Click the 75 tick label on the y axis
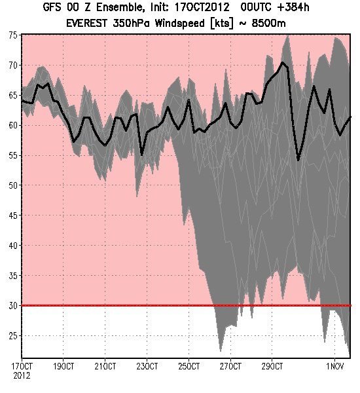(x=13, y=35)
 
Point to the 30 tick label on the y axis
(x=13, y=305)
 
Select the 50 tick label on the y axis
(x=13, y=185)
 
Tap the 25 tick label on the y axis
(x=13, y=335)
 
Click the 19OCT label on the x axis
(x=63, y=366)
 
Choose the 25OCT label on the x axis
(x=189, y=366)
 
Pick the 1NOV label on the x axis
(x=335, y=366)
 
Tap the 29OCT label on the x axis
(x=272, y=366)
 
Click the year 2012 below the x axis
(x=22, y=375)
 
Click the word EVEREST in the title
(x=86, y=24)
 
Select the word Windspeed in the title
(x=179, y=24)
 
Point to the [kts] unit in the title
(x=222, y=24)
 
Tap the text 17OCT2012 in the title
(x=202, y=7)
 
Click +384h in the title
(x=294, y=7)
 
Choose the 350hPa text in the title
(x=132, y=24)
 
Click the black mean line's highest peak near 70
(x=283, y=62)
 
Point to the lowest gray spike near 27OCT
(x=221, y=350)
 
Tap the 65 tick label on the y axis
(x=13, y=95)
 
